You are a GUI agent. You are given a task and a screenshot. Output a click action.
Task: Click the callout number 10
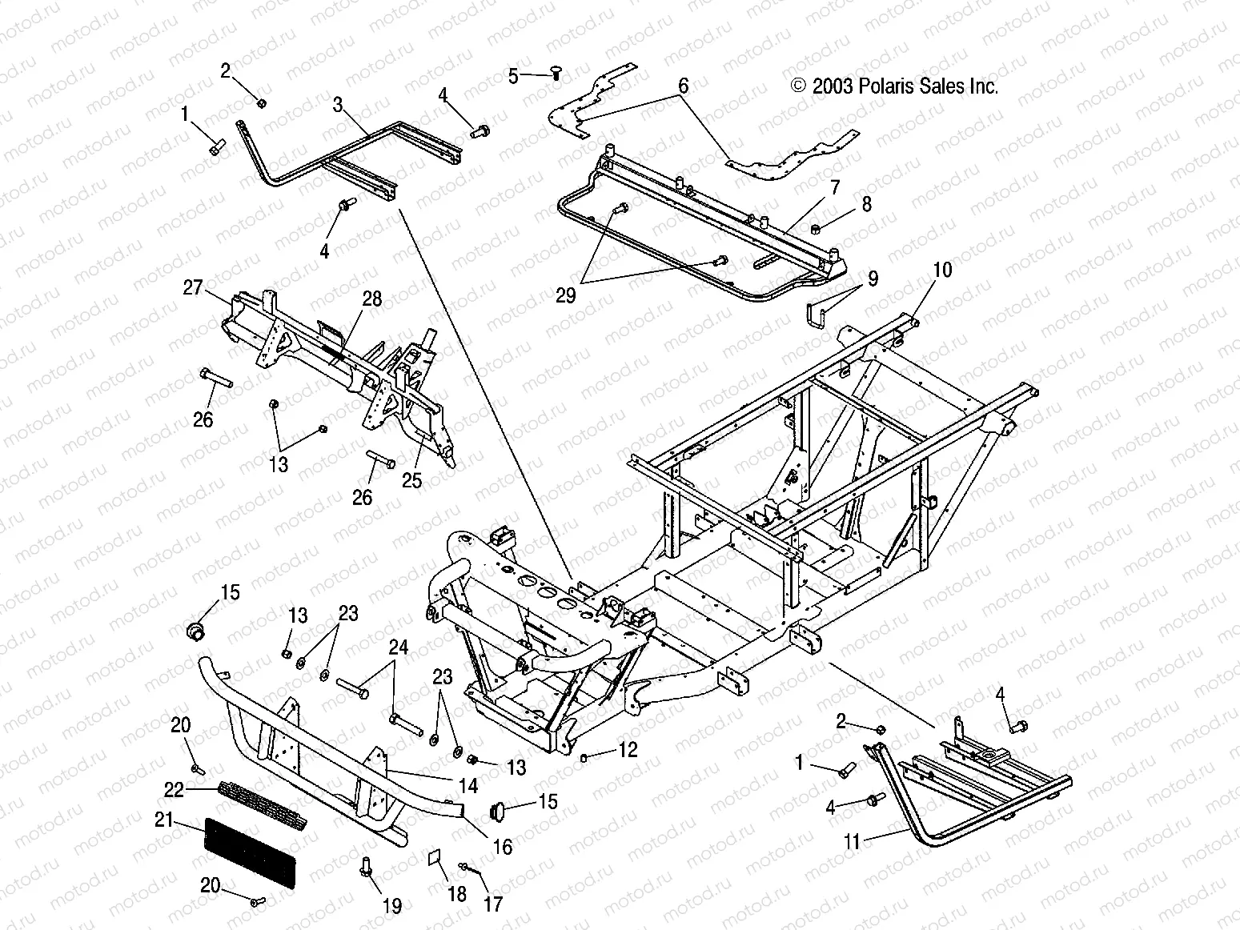point(942,270)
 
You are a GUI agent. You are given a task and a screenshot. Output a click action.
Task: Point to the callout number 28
point(371,299)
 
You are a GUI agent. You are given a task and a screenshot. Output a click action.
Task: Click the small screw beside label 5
point(554,74)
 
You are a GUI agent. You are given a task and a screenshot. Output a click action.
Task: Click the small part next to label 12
point(585,756)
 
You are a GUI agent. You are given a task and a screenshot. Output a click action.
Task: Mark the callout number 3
point(339,103)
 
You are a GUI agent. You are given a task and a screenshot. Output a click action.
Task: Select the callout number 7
point(834,189)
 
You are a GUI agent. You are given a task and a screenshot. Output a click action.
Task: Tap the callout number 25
point(411,480)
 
